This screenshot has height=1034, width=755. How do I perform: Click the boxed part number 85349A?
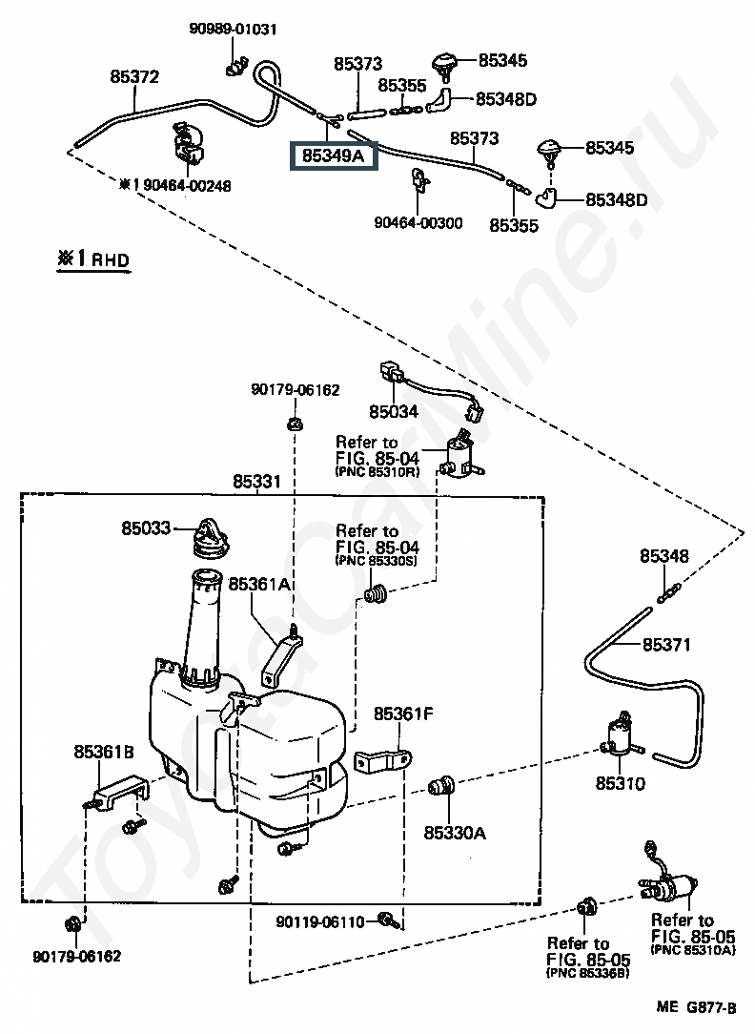coord(334,156)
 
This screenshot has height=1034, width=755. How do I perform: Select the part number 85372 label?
coord(134,77)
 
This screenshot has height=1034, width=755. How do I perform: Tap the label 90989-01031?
coord(233,29)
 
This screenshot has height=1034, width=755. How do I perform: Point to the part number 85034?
coord(394,411)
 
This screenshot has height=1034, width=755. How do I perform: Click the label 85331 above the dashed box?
coord(256,482)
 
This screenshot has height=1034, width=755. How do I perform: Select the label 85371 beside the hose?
coord(666,644)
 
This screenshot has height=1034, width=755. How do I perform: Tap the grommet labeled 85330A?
coord(441,787)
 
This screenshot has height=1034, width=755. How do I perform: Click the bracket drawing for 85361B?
coord(120,792)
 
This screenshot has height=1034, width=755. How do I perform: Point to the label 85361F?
coord(403,713)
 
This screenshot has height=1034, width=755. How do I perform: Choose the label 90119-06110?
coord(320,921)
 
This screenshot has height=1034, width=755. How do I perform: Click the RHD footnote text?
coord(93,258)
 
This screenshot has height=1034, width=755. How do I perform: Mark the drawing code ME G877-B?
coord(696,1007)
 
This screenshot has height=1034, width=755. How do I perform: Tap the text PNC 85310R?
coord(377,472)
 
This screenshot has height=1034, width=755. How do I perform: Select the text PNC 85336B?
coord(587,973)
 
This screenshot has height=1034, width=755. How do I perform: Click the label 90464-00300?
coord(418,223)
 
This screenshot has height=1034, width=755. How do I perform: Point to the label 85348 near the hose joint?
coord(664,556)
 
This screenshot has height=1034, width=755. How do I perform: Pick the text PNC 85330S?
coord(377,561)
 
